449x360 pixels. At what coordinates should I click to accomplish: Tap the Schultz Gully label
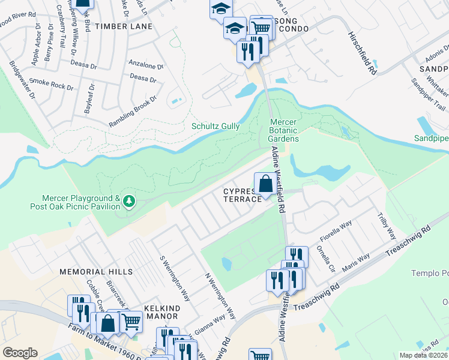pos(215,126)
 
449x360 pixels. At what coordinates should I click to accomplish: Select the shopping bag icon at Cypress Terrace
pos(265,184)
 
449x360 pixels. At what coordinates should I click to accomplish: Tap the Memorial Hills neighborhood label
pos(96,272)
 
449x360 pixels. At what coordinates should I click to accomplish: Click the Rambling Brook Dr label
pos(133,111)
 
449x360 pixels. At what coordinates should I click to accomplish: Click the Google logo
pos(20,353)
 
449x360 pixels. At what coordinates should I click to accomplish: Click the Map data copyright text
pos(423,355)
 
